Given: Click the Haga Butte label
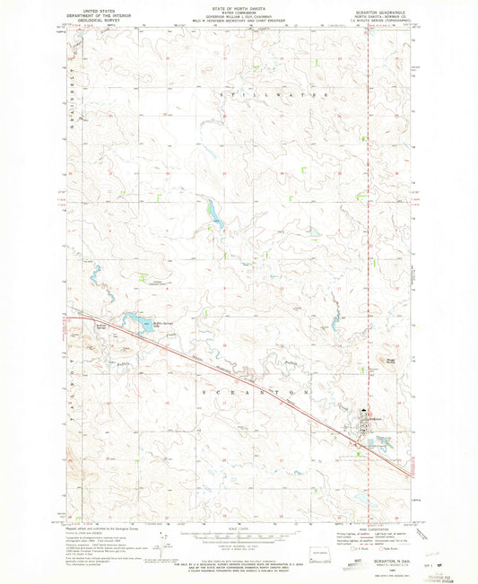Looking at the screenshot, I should [x=391, y=361].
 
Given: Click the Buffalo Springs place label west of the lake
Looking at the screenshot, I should [x=101, y=327].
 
